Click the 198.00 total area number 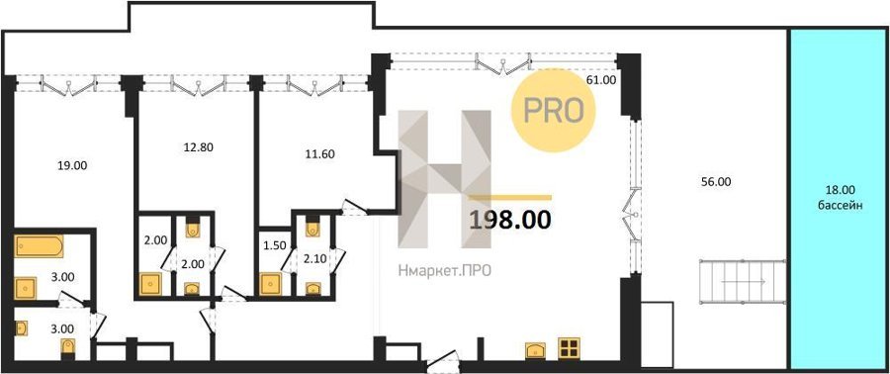[509, 220]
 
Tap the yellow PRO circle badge [554, 111]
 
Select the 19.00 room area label [72, 166]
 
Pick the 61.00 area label [601, 80]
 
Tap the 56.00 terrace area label [717, 182]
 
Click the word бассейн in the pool [841, 206]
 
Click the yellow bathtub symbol [40, 246]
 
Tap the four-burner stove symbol [569, 348]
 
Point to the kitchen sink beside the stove [536, 350]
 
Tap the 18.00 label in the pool [841, 191]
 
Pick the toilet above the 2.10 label [313, 227]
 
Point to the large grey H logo [444, 179]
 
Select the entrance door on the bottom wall [443, 359]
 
